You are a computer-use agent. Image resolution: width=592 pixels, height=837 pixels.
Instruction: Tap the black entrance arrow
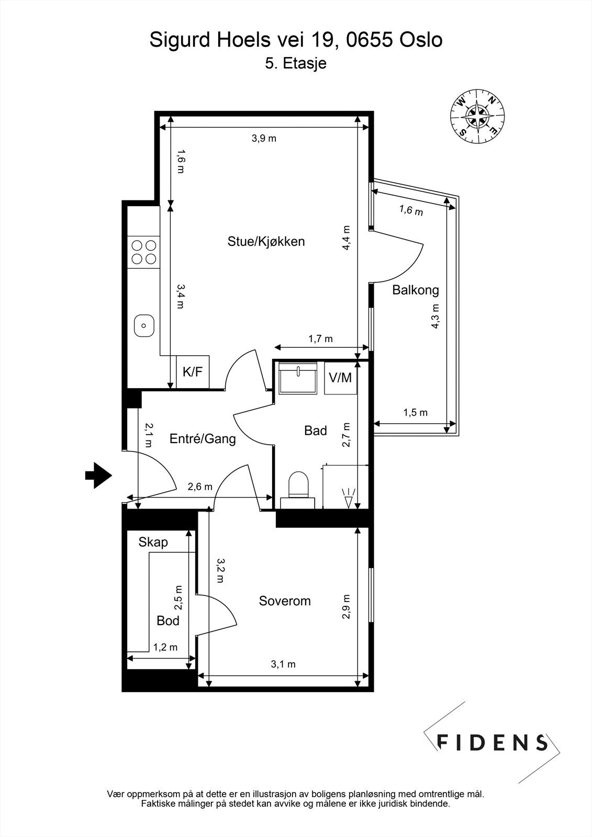coord(98,476)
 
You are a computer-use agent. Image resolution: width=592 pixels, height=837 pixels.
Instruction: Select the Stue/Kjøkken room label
coord(266,242)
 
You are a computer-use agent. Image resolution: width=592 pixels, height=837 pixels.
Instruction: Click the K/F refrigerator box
coord(192,372)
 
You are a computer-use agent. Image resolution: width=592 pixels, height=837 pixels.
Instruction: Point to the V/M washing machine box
coord(340,377)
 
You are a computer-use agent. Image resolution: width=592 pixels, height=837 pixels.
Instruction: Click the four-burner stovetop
coord(143,252)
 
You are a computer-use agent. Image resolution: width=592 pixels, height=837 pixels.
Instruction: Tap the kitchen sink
coord(143,325)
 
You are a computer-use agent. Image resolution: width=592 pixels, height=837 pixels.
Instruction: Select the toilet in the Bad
coord(299,485)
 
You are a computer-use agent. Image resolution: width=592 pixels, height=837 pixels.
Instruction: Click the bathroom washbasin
coord(298,377)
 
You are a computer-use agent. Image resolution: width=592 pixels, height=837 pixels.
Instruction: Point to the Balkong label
coord(416,290)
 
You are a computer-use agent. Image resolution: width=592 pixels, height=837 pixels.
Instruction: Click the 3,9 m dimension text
coord(264,139)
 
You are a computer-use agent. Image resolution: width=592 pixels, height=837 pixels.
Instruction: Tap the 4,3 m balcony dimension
coord(435,316)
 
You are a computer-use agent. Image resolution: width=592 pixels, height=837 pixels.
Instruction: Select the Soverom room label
coord(285,601)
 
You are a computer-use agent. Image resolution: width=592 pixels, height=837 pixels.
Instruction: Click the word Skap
coord(153,542)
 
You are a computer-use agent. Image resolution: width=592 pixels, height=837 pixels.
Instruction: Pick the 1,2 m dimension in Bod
coord(165,647)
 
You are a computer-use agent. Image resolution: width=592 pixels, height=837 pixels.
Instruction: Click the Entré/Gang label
coord(203,438)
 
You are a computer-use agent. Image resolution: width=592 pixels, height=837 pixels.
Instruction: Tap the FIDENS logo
coord(492,742)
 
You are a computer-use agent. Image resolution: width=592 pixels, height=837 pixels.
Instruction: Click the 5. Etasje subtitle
coord(296,63)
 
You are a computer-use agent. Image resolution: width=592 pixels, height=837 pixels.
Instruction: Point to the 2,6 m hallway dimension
coord(200,487)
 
